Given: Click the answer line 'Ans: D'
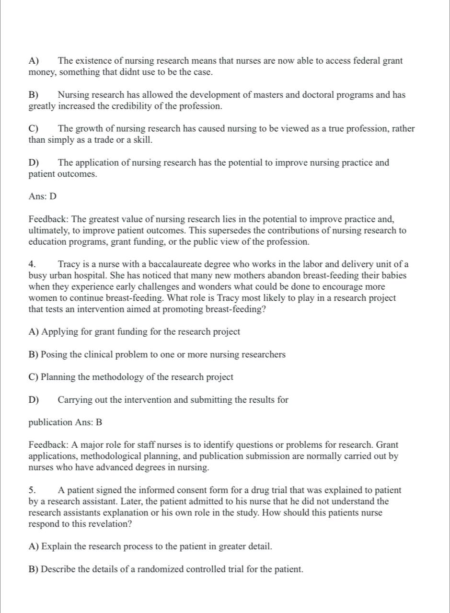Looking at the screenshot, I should tap(43, 196).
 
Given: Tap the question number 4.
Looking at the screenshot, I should tap(32, 264).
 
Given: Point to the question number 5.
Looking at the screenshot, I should tap(32, 490).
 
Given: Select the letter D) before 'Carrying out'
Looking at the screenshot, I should tap(34, 399).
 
